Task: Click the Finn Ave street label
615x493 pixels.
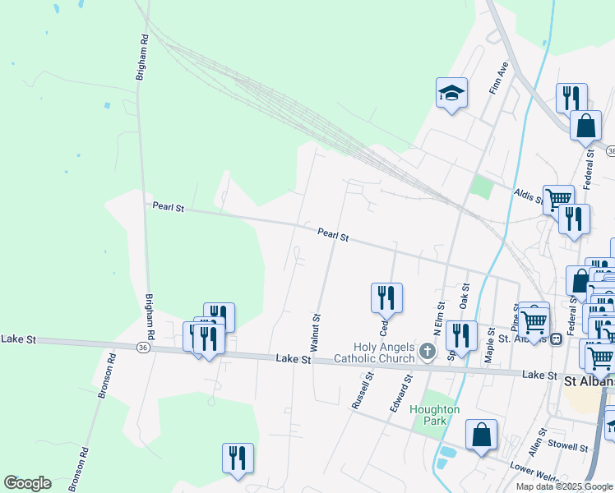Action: [499, 77]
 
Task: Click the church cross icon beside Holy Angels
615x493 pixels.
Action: [427, 352]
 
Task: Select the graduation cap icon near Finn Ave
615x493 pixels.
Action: [451, 94]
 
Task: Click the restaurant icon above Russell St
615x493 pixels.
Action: [386, 297]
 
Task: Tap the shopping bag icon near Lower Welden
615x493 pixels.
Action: [481, 435]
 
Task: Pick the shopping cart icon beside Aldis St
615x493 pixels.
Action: [558, 198]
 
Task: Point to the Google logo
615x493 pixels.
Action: [27, 483]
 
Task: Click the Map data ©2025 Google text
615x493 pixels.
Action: [564, 486]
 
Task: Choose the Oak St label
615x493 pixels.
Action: [465, 297]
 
